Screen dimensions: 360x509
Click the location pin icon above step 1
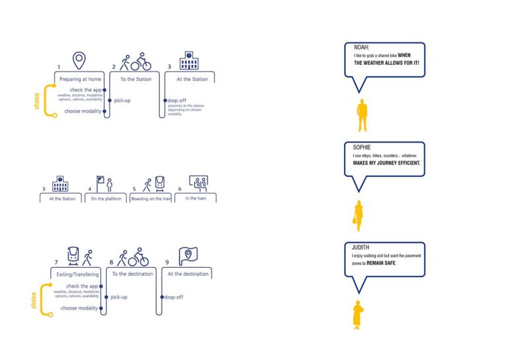(80, 60)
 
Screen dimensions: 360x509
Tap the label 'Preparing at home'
(79, 80)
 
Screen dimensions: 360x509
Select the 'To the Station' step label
(135, 80)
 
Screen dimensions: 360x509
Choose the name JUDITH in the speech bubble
(363, 247)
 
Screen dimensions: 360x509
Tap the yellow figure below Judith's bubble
(358, 315)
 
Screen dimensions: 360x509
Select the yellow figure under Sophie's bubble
(359, 215)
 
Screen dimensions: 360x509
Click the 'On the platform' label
(106, 199)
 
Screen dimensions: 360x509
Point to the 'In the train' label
(196, 198)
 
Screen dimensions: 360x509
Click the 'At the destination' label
(188, 274)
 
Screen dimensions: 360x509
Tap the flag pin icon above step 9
(188, 256)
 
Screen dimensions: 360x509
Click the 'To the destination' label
(133, 274)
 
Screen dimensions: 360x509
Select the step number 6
(179, 189)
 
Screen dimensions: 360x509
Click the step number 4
(89, 189)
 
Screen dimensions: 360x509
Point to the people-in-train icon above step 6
(198, 182)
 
